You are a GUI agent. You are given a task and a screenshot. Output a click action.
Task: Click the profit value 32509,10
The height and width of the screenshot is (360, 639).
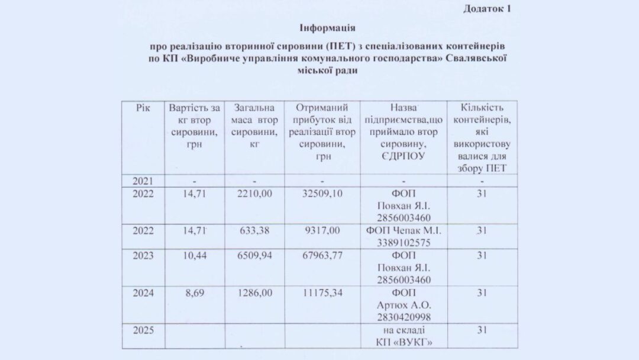point(322,194)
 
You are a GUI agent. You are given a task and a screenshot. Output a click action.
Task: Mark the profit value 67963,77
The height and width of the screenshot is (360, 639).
point(322,256)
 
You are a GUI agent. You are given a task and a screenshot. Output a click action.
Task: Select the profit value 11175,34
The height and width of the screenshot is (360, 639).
point(322,293)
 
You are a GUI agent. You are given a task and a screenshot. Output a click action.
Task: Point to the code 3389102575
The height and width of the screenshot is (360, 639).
point(404,243)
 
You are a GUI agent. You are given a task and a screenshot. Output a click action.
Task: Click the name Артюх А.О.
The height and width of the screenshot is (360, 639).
point(404,306)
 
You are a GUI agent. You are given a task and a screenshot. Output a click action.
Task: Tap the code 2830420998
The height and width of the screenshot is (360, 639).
point(404,317)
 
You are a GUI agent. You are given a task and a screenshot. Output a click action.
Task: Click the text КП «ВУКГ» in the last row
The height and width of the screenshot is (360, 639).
point(404,342)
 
